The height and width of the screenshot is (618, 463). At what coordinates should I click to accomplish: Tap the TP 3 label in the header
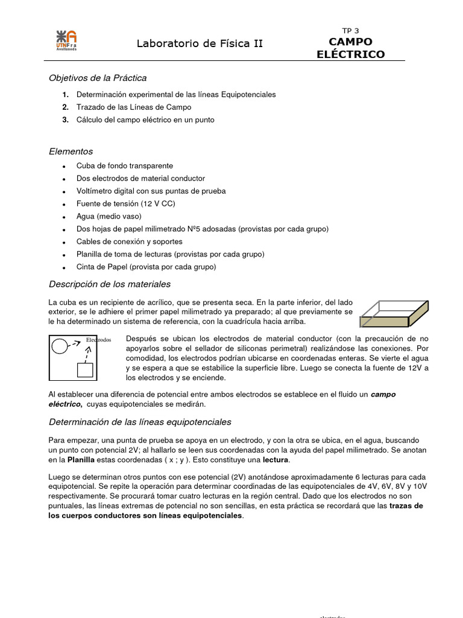pos(350,31)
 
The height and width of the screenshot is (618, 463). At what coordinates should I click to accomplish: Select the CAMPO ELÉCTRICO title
pos(350,48)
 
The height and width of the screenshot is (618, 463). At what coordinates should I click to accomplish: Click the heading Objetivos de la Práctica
pos(97,78)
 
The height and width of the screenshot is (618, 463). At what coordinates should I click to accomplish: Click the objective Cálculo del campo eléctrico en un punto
pos(145,119)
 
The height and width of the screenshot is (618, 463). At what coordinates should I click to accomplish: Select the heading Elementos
pos(71,151)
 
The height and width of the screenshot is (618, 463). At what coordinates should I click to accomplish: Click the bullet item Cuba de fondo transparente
pos(124,165)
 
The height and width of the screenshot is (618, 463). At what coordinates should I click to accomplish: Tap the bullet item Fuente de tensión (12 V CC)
pos(125,203)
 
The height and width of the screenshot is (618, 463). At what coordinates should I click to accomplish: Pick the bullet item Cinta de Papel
pos(146,267)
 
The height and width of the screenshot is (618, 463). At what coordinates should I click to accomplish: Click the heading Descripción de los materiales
pos(109,284)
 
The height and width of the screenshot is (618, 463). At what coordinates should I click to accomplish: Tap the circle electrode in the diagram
pos(60,346)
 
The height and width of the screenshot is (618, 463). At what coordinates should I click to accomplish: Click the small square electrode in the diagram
pos(85,369)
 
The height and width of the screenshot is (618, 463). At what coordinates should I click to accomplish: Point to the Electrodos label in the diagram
pos(98,340)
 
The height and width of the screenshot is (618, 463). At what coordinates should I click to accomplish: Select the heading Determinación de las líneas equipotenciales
pos(139,422)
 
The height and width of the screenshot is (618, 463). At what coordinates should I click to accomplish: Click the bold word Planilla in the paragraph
pos(81,460)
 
